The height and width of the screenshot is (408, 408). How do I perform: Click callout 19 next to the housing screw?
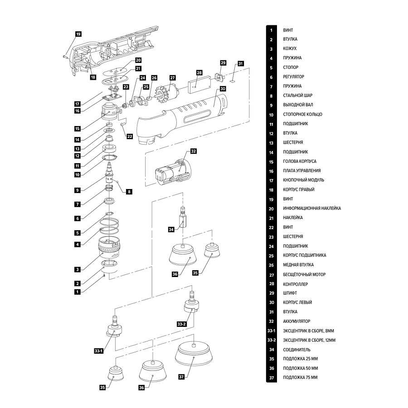pyautogui.click(x=78, y=34)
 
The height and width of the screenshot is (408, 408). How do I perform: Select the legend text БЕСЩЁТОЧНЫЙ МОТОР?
pyautogui.click(x=304, y=274)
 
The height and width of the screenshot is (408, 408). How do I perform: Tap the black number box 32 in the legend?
pyautogui.click(x=271, y=321)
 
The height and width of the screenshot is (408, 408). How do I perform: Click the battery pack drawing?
pyautogui.click(x=174, y=174)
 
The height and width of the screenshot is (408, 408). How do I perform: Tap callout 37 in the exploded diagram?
pyautogui.click(x=181, y=377)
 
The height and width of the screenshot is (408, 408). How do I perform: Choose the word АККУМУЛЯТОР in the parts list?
pyautogui.click(x=296, y=321)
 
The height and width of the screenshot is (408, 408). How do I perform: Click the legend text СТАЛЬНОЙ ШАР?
pyautogui.click(x=297, y=96)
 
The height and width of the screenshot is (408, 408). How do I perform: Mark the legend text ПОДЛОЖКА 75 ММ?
pyautogui.click(x=300, y=378)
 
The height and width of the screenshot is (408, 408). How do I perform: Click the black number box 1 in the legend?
pyautogui.click(x=271, y=30)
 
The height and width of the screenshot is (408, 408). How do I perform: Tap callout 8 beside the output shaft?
pyautogui.click(x=129, y=192)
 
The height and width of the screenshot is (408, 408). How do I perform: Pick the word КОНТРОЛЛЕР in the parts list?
pyautogui.click(x=295, y=284)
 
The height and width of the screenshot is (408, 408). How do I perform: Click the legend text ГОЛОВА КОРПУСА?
pyautogui.click(x=300, y=161)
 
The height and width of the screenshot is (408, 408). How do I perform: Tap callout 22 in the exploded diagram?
pyautogui.click(x=130, y=136)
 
